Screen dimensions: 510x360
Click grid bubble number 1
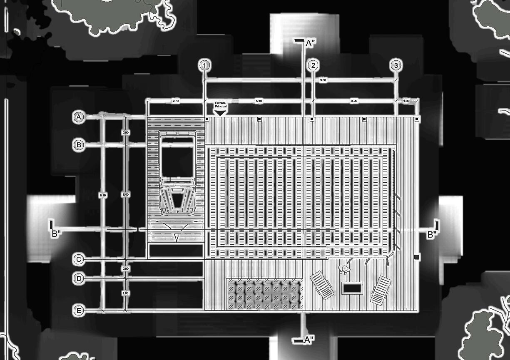click(x=204, y=65)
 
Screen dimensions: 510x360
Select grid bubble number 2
click(x=313, y=65)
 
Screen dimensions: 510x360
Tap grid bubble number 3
click(x=396, y=65)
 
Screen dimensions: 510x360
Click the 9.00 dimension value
click(x=323, y=79)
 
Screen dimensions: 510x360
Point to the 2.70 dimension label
click(x=176, y=101)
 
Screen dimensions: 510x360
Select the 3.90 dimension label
click(x=354, y=101)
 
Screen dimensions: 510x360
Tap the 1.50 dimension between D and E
click(x=126, y=293)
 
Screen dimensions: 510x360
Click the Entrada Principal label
click(x=220, y=105)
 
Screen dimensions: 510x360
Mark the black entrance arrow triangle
click(x=220, y=113)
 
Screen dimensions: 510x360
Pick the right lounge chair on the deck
click(x=381, y=290)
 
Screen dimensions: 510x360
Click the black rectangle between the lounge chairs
click(x=352, y=288)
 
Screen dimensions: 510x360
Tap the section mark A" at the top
click(x=309, y=43)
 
